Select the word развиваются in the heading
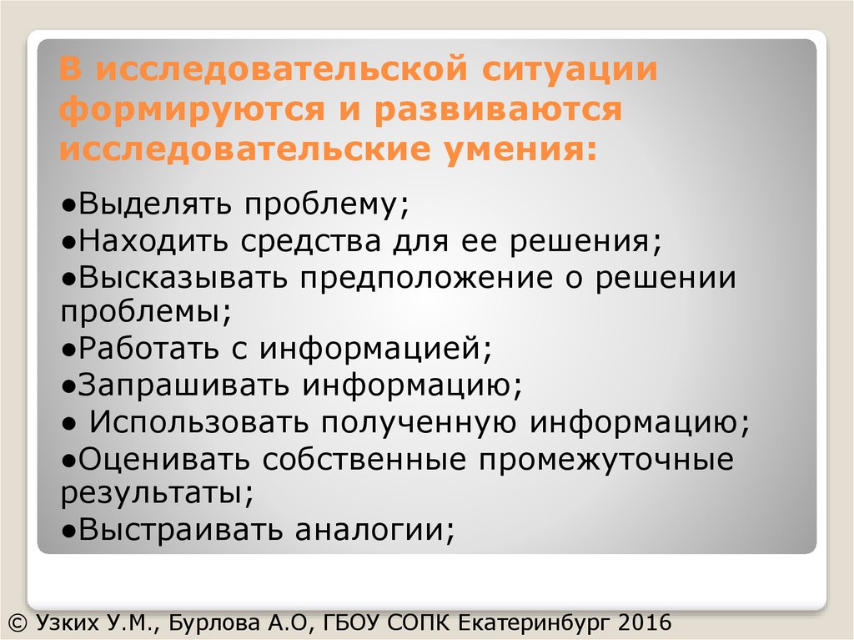pos(498,111)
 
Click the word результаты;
pos(156,492)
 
